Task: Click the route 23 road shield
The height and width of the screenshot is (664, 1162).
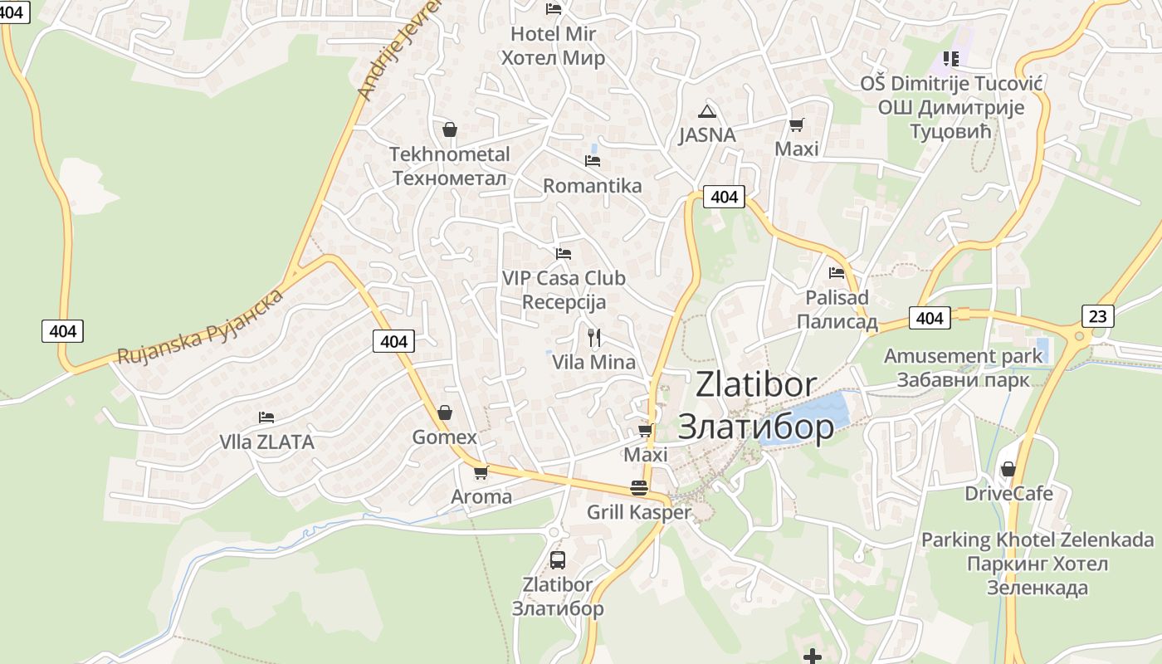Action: [1097, 315]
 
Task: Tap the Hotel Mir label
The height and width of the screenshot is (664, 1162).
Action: [553, 46]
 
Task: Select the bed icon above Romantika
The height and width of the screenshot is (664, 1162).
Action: [593, 160]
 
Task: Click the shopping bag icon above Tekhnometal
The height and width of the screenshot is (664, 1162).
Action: [449, 129]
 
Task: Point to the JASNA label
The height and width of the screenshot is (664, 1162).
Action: [707, 135]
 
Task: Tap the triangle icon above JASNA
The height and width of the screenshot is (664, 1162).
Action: [706, 111]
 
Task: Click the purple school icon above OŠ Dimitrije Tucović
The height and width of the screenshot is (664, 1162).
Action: [950, 58]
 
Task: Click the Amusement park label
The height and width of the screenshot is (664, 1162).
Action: [963, 368]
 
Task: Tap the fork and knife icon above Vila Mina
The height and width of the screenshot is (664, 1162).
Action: [593, 337]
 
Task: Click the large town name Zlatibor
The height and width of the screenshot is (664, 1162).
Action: [756, 405]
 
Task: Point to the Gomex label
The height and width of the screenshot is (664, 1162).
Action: [445, 437]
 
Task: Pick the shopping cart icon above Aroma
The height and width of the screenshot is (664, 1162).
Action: [481, 473]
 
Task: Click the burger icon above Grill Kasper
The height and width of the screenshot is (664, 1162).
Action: [638, 487]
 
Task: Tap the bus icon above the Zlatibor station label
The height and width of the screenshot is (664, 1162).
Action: [558, 559]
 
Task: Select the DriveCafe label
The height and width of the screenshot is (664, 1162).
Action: [1008, 494]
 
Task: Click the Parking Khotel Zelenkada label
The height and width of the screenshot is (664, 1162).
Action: [1037, 564]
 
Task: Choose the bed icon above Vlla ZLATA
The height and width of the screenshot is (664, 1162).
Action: [266, 417]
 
